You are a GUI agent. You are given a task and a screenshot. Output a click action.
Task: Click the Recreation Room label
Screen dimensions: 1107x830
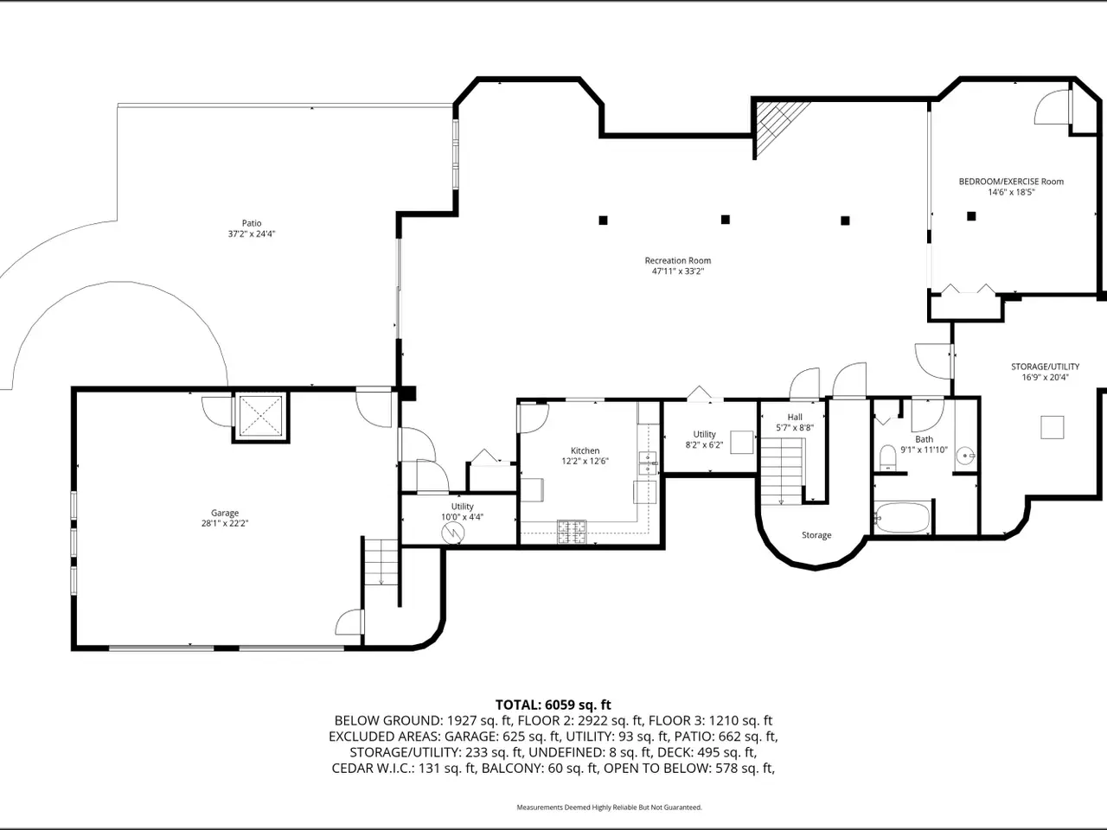pyautogui.click(x=678, y=260)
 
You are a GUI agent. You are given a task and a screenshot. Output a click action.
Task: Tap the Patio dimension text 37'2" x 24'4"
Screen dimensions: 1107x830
pyautogui.click(x=252, y=233)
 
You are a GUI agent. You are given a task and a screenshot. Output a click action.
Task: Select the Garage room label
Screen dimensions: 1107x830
pyautogui.click(x=225, y=513)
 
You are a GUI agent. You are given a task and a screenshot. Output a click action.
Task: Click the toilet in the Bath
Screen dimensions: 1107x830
pyautogui.click(x=887, y=457)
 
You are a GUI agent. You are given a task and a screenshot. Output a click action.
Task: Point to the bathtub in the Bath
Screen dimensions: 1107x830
pyautogui.click(x=902, y=517)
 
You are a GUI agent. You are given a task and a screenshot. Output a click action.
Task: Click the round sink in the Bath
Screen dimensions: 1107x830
pyautogui.click(x=966, y=456)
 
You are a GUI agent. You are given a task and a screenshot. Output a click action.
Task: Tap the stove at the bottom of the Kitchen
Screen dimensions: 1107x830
pyautogui.click(x=572, y=532)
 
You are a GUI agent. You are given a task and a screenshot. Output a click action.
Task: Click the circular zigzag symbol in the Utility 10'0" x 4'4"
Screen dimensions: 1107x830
pyautogui.click(x=452, y=533)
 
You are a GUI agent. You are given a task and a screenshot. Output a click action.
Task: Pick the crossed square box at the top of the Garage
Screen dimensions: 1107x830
pyautogui.click(x=260, y=416)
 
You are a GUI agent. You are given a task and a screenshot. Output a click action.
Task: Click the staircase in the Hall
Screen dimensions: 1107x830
pyautogui.click(x=781, y=470)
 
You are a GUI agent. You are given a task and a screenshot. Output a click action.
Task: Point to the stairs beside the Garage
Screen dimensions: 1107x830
pyautogui.click(x=381, y=562)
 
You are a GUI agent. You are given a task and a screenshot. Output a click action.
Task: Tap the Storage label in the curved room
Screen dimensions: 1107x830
pyautogui.click(x=816, y=535)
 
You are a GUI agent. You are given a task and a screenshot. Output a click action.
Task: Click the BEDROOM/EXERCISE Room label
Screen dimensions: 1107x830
pyautogui.click(x=1011, y=182)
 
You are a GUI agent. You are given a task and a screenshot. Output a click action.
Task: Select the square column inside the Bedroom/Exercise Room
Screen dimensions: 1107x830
pyautogui.click(x=971, y=216)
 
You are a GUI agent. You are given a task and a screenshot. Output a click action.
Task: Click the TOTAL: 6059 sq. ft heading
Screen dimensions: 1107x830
pyautogui.click(x=553, y=705)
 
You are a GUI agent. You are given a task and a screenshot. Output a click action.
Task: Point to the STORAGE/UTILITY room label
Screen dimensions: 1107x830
pyautogui.click(x=1045, y=367)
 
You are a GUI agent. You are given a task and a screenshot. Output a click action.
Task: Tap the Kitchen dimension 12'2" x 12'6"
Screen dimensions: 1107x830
pyautogui.click(x=585, y=461)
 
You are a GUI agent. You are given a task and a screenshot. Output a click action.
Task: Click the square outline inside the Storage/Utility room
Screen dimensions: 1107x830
pyautogui.click(x=1053, y=427)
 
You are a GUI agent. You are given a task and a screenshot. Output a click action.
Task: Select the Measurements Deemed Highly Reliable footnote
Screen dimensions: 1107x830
pyautogui.click(x=609, y=808)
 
